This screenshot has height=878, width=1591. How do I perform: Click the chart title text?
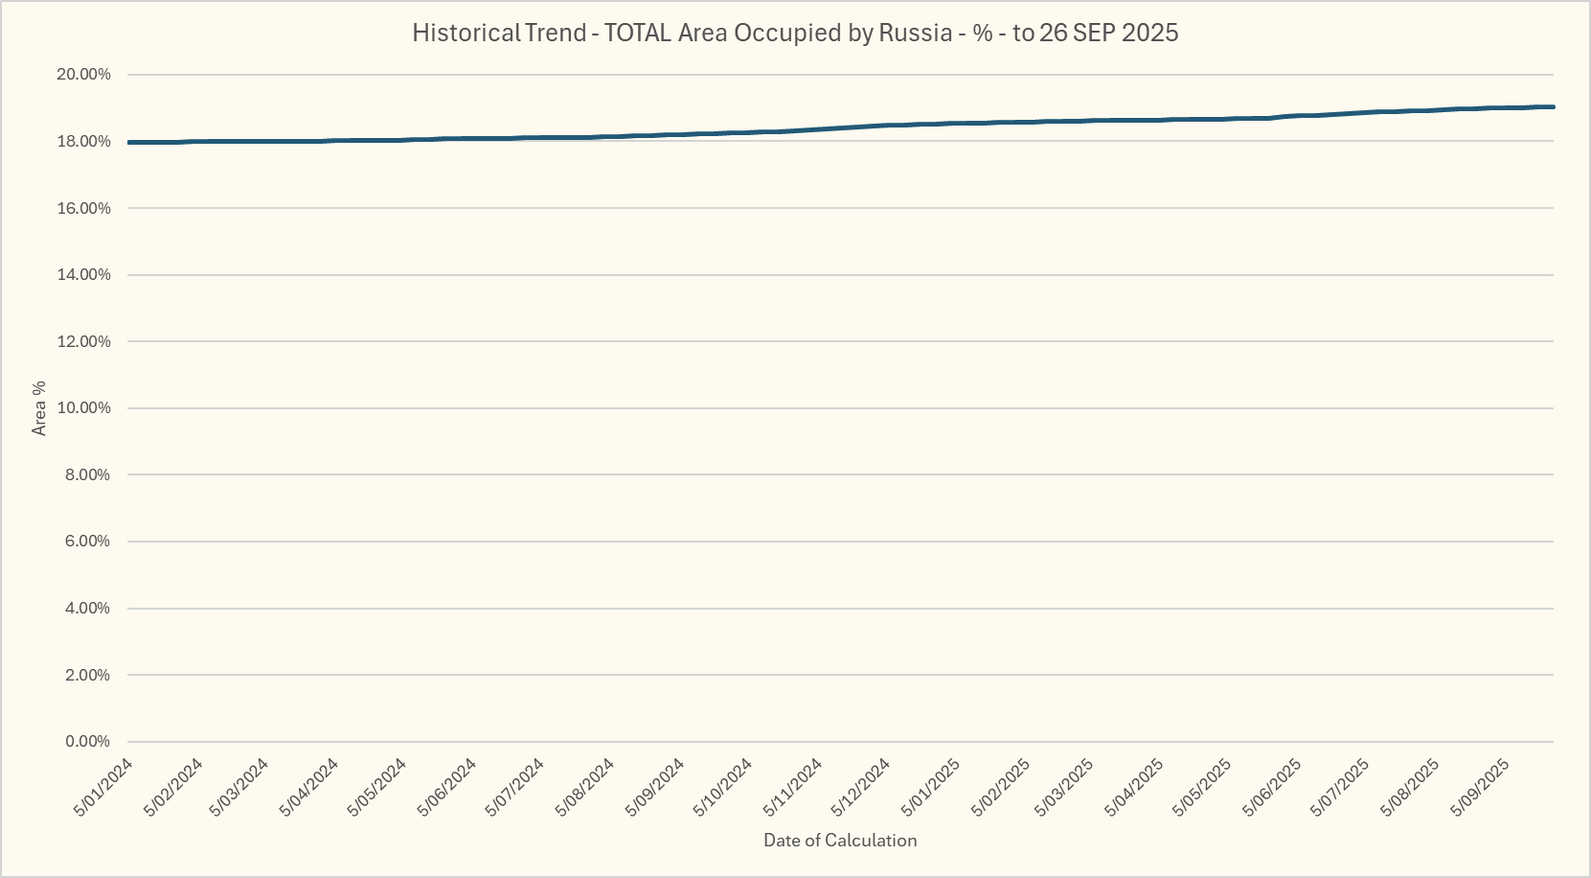click(795, 33)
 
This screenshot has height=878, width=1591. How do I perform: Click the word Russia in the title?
click(915, 33)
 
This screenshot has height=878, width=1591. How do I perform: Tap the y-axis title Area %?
click(39, 408)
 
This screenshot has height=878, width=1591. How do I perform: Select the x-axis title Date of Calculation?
click(840, 841)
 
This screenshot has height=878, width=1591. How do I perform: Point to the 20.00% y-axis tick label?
click(84, 75)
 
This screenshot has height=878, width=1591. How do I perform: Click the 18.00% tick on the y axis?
click(84, 142)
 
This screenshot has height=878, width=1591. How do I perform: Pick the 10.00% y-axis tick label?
click(84, 408)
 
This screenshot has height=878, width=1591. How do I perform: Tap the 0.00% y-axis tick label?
click(87, 742)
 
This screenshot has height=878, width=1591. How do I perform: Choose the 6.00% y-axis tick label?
click(87, 542)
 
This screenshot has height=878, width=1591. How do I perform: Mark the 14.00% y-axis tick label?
click(84, 275)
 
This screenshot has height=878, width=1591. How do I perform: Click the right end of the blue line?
click(1553, 106)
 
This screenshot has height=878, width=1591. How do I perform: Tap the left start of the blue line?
click(129, 142)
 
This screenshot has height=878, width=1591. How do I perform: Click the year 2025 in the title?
click(1149, 33)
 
